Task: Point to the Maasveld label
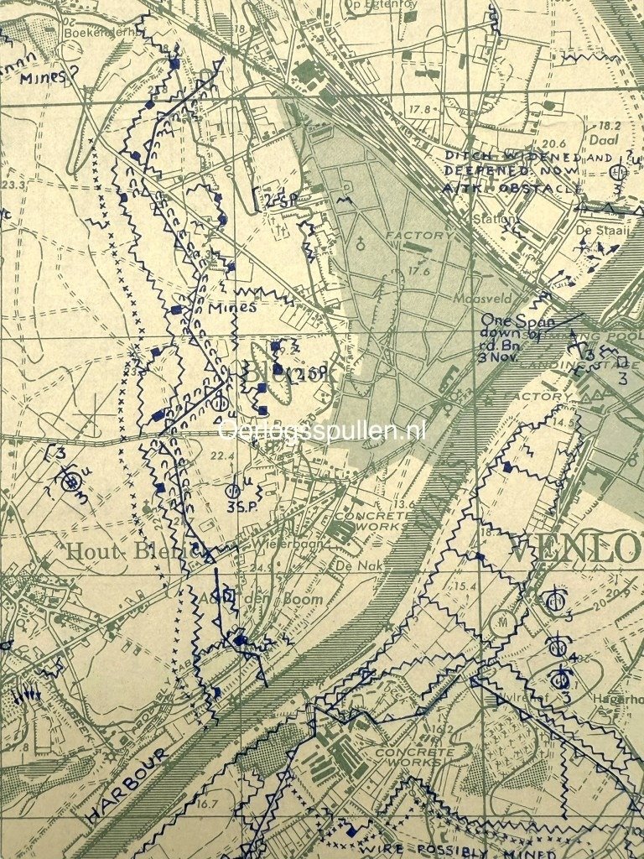pos(477,298)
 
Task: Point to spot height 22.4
pos(221,456)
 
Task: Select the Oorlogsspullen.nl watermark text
pos(322,431)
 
